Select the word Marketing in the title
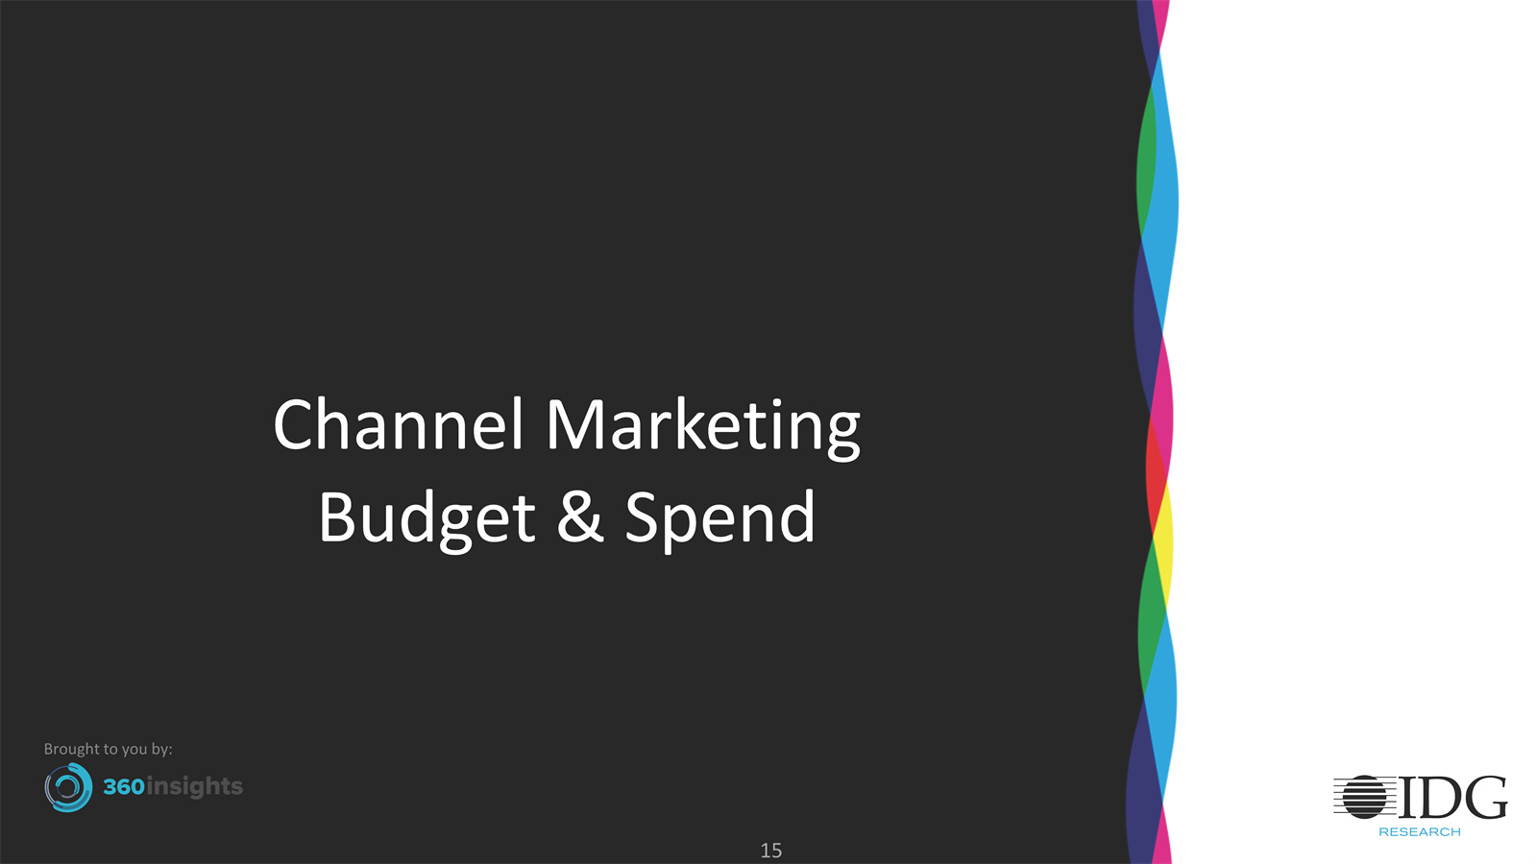(x=703, y=428)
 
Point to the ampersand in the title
(x=580, y=516)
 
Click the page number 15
(x=770, y=851)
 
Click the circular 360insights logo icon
(x=68, y=787)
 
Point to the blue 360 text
(x=124, y=786)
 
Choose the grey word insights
(x=195, y=786)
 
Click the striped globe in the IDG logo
(x=1365, y=797)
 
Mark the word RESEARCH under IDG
(x=1420, y=832)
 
